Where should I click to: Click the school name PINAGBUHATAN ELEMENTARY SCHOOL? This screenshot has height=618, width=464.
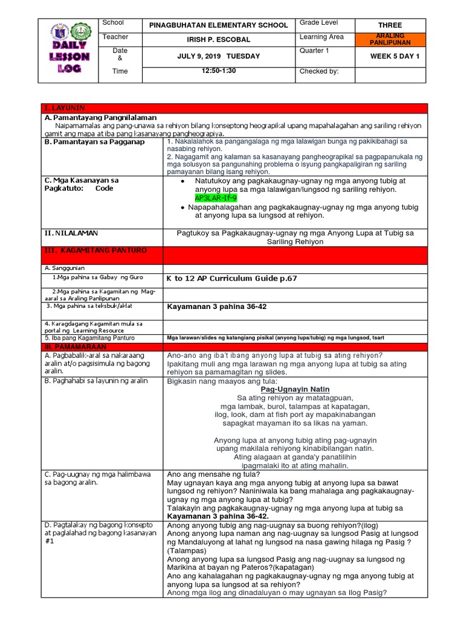pos(222,25)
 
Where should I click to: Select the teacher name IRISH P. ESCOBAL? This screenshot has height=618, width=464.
pos(222,40)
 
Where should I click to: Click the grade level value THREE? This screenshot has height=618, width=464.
pos(390,25)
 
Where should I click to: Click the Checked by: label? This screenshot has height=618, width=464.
pos(319,71)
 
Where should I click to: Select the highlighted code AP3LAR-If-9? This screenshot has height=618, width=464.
pos(216,197)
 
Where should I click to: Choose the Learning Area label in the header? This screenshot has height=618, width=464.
pos(321,37)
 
